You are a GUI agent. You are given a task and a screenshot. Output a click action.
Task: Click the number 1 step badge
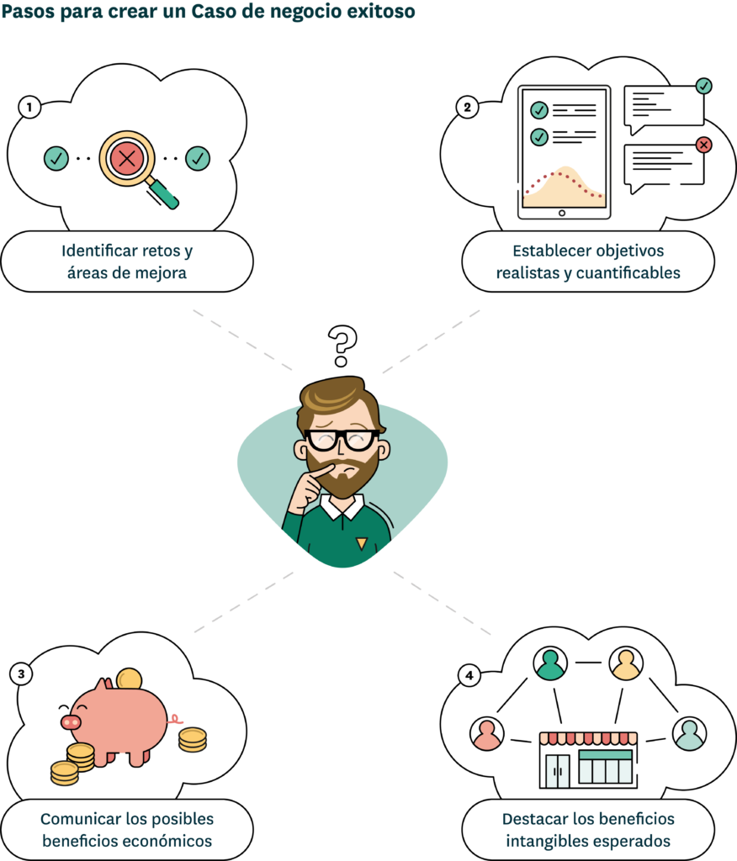30,108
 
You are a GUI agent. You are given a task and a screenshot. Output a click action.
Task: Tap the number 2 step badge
468,108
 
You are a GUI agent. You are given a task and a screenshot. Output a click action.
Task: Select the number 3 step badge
22,673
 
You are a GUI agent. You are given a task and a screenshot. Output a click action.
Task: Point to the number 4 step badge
469,675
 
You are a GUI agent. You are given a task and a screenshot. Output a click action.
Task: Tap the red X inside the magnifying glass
127,157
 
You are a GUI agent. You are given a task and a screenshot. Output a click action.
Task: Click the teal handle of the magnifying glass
166,196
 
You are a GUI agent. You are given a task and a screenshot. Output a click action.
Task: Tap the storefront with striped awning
588,759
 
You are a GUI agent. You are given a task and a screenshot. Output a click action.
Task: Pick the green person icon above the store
551,663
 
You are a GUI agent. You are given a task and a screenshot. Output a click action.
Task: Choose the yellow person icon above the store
626,663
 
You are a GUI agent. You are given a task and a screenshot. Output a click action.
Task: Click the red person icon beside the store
487,733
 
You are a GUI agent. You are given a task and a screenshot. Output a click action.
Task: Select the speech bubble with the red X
665,166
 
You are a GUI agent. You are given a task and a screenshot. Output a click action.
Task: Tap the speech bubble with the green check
664,108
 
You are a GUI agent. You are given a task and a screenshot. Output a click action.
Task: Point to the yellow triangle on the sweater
361,544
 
